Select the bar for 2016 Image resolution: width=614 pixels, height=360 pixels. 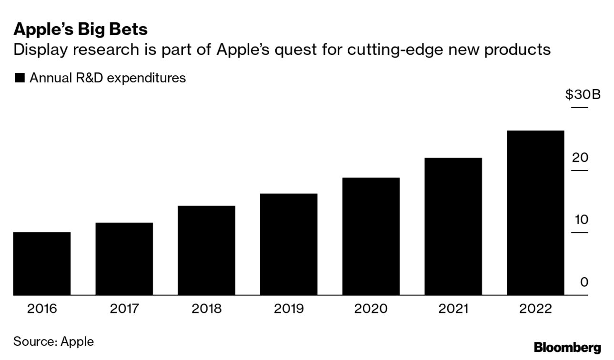point(42,263)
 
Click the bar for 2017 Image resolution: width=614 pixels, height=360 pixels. point(124,259)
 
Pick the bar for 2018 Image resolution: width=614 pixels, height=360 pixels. point(206,250)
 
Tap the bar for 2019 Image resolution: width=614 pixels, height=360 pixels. point(289,244)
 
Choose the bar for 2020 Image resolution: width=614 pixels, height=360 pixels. point(371,236)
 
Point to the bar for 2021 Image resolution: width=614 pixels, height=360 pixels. point(453,226)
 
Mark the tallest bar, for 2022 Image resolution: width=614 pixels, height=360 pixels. point(535,213)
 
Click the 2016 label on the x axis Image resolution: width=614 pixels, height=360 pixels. point(42,309)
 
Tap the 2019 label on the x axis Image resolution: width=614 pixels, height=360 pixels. point(289,309)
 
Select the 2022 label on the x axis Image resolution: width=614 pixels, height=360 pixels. point(535,309)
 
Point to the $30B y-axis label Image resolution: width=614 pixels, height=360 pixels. point(583,95)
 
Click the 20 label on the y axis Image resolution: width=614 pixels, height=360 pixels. point(580,158)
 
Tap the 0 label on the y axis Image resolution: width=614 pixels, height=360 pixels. point(584,282)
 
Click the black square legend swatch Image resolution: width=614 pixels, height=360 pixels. point(20,78)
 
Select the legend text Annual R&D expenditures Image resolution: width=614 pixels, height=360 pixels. point(108,78)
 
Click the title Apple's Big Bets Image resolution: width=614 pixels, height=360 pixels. point(81,30)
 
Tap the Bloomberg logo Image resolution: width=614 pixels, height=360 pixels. point(567,348)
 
